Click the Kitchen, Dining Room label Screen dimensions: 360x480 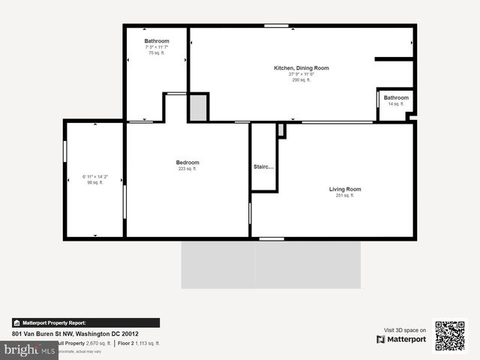click(301, 68)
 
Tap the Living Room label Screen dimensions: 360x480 click(345, 189)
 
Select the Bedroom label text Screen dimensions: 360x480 click(187, 163)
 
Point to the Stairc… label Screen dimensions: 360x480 click(264, 166)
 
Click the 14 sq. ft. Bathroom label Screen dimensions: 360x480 click(396, 98)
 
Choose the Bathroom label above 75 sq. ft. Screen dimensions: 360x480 click(157, 41)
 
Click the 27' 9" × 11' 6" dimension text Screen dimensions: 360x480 click(301, 74)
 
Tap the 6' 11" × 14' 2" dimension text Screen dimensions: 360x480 click(94, 177)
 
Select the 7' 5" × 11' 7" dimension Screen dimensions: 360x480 click(157, 47)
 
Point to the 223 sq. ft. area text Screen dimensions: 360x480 click(187, 169)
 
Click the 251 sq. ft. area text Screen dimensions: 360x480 click(345, 195)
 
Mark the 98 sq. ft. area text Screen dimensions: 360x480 click(94, 183)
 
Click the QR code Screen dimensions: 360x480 click(450, 335)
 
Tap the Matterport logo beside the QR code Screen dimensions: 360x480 click(401, 339)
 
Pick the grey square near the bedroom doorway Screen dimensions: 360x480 click(198, 107)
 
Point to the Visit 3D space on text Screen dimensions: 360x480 click(405, 330)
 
